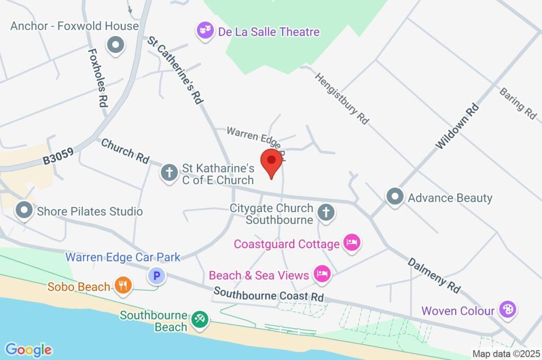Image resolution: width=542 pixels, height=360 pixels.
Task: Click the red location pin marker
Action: point(272,161)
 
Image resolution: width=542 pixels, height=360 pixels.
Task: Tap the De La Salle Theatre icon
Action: point(203,31)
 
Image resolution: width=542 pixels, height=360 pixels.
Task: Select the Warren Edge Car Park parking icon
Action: point(156,276)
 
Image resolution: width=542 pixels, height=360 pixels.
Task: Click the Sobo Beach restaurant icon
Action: point(123,286)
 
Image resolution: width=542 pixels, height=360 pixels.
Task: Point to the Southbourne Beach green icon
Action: point(200,319)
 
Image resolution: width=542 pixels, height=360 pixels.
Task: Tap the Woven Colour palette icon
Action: point(508,310)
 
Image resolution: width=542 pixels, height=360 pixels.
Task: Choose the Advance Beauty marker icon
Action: point(394,197)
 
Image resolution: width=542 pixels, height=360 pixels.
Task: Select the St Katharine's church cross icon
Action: point(169,172)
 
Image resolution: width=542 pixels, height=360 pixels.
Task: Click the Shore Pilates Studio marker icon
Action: point(24,211)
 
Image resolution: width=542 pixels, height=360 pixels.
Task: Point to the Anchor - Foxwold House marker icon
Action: point(115,46)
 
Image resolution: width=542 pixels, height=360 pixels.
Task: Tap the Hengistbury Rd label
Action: point(341,98)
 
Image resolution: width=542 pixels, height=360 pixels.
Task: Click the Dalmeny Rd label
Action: point(434,275)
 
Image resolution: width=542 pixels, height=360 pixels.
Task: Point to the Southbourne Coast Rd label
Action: point(269,294)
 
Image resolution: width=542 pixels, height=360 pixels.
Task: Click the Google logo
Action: point(28,349)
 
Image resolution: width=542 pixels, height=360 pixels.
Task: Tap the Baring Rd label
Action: point(518,103)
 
